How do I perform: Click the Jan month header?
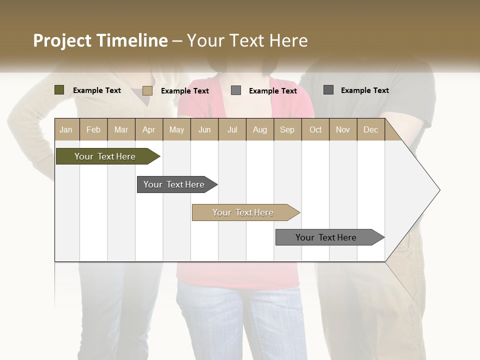tap(66, 129)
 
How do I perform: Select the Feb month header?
tap(93, 129)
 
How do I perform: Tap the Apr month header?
tap(148, 129)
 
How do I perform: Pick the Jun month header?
tap(204, 129)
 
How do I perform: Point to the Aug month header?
tap(259, 129)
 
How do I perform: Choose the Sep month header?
tap(287, 129)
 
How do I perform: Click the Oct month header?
tap(315, 129)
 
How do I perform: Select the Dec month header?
tap(370, 129)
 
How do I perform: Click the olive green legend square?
tap(59, 90)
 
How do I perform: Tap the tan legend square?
tap(147, 90)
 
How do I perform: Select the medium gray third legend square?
tap(236, 90)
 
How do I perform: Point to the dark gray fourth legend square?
tap(328, 90)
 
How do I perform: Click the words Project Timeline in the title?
tap(100, 40)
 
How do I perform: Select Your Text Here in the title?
tap(247, 40)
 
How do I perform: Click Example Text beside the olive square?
tap(97, 90)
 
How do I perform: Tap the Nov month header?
tap(343, 129)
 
